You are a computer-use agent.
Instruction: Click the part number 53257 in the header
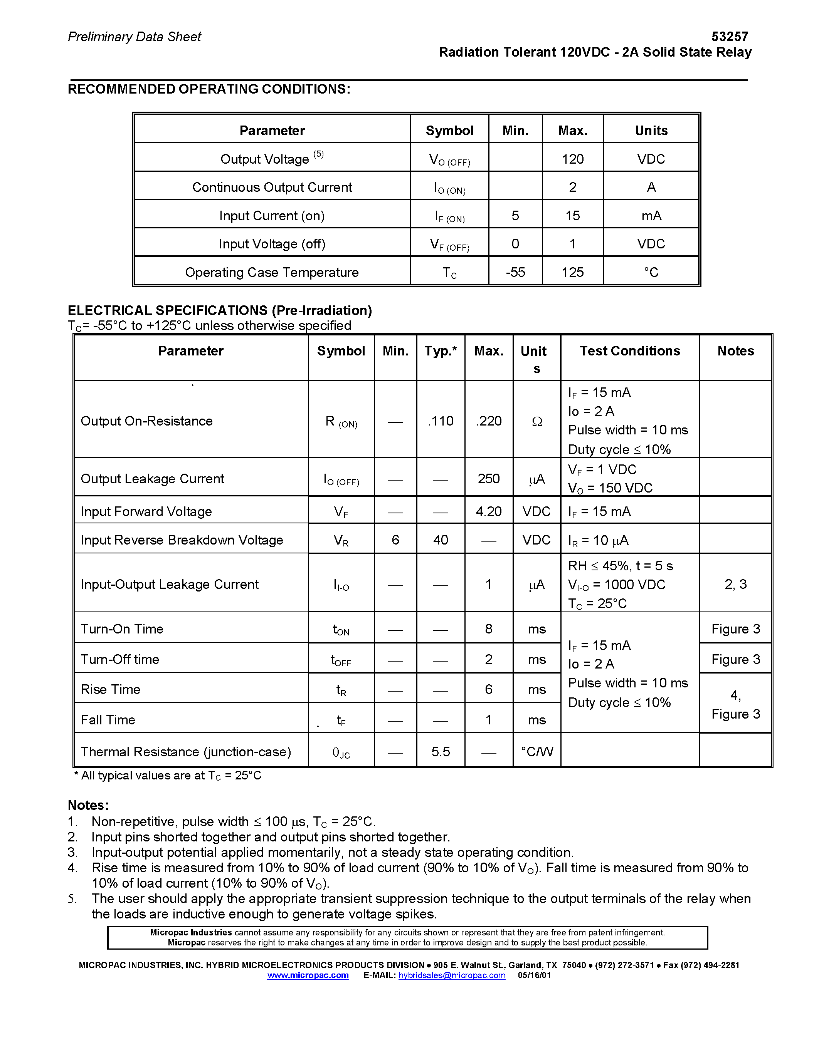point(729,36)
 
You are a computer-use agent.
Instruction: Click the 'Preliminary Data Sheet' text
point(135,37)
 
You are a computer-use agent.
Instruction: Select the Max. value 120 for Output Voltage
point(572,159)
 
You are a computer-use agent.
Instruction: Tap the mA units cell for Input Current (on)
point(651,216)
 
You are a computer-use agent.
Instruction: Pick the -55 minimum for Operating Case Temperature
point(515,272)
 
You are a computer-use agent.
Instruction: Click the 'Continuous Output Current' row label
point(272,187)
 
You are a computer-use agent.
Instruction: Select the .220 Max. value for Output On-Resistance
point(489,421)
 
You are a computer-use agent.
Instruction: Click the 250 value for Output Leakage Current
point(489,479)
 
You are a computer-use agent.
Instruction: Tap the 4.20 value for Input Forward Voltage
point(489,511)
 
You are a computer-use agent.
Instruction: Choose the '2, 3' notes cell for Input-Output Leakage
point(735,584)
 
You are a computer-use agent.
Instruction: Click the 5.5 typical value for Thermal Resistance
point(441,752)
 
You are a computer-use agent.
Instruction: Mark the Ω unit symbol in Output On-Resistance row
point(536,421)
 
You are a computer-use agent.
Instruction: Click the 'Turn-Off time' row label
point(120,659)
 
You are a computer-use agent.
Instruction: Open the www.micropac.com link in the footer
point(308,975)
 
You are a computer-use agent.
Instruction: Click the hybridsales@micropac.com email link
point(452,975)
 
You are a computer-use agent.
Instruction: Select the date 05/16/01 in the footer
point(534,975)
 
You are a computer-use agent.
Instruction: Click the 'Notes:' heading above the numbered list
point(88,805)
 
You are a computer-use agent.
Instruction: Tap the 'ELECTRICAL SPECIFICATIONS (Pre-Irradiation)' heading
point(220,310)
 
